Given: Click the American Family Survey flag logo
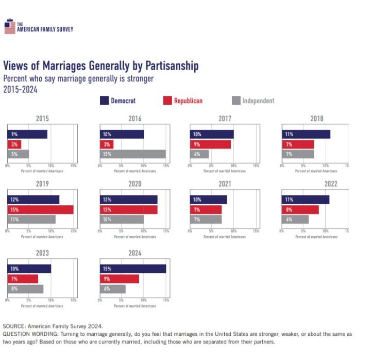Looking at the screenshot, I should [x=9, y=26].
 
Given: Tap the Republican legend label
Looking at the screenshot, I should [x=188, y=101].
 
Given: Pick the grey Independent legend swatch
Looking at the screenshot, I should [x=235, y=101].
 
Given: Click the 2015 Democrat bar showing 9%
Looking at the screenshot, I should [x=27, y=134].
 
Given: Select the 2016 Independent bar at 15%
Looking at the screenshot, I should [x=133, y=154].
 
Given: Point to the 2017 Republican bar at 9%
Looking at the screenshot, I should [x=210, y=144].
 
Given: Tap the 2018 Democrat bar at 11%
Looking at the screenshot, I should [x=306, y=134].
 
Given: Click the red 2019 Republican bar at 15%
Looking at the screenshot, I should [x=40, y=209].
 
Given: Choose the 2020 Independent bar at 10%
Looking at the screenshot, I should [x=122, y=219].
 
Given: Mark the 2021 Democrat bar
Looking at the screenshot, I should [x=208, y=200].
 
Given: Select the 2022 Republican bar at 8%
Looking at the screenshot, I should [x=300, y=209].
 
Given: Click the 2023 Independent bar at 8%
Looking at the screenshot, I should [x=25, y=289].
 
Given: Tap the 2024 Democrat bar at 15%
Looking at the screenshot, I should [x=133, y=269].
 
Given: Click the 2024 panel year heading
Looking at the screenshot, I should [x=134, y=253].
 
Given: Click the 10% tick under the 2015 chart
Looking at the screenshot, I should [x=51, y=166].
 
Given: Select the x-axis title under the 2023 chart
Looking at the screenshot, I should [x=42, y=306].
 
